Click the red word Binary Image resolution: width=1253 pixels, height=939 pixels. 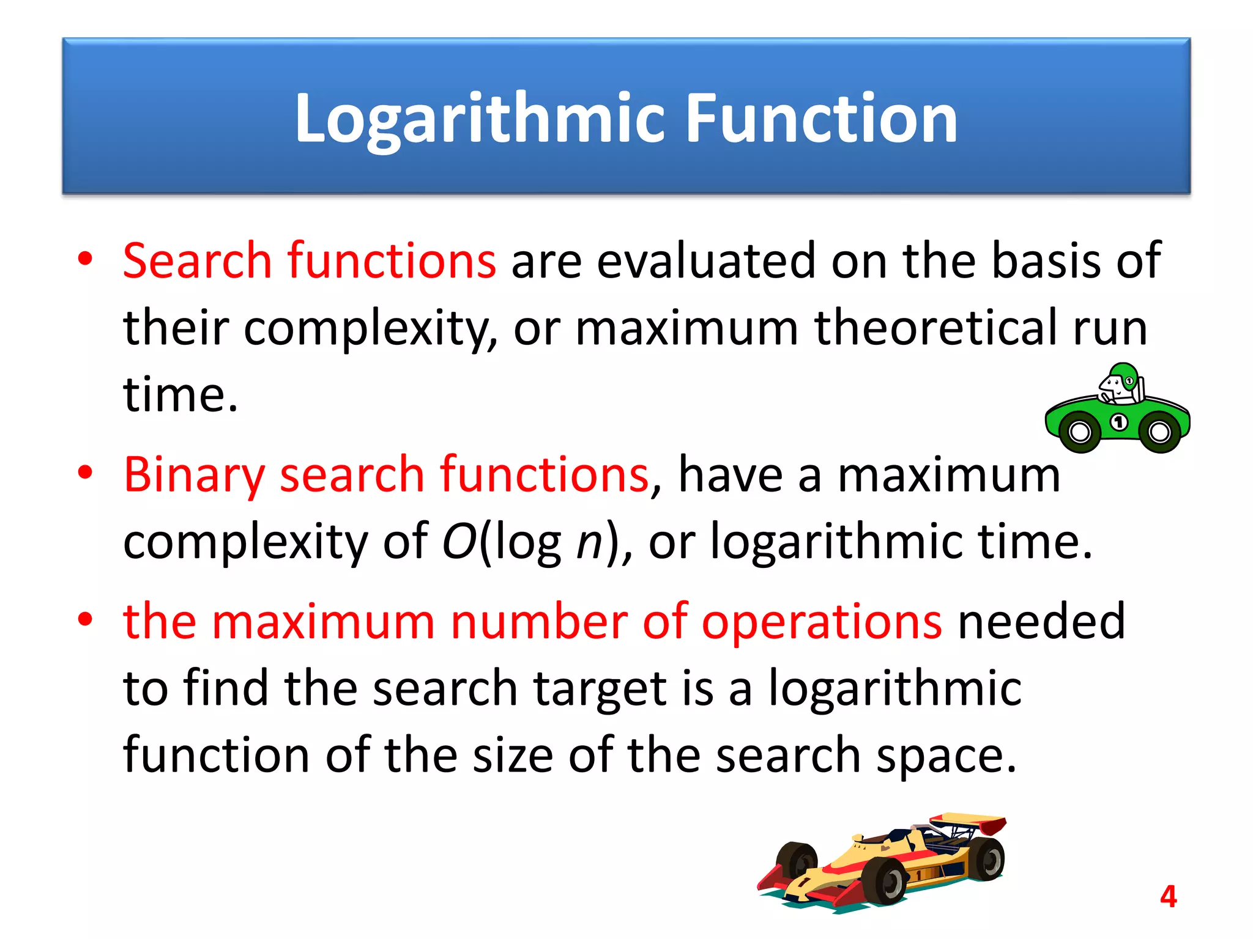click(195, 476)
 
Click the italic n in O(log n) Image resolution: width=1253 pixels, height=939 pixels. click(590, 543)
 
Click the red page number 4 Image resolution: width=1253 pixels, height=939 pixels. click(1168, 897)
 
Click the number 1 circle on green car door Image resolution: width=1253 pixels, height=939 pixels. click(1119, 422)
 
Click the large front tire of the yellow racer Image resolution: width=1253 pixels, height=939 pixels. click(887, 880)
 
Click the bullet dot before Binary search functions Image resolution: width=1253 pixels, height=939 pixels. click(85, 473)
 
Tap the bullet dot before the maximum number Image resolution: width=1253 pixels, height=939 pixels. click(85, 619)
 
